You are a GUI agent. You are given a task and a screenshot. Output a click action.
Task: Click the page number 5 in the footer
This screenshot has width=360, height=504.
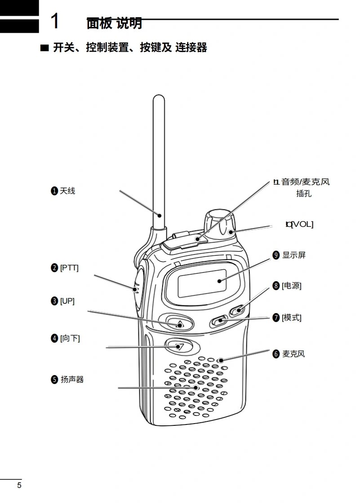pyautogui.click(x=19, y=486)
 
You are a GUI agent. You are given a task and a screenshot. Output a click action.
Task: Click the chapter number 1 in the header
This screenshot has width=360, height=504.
pyautogui.click(x=55, y=21)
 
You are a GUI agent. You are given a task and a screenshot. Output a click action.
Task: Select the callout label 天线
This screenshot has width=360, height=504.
pyautogui.click(x=67, y=191)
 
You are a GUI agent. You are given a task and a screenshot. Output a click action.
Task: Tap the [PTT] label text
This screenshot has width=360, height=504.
pyautogui.click(x=69, y=268)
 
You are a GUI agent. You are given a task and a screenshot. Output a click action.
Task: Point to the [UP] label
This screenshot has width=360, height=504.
pyautogui.click(x=67, y=301)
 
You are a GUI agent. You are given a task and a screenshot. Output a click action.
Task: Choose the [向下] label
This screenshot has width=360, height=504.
pyautogui.click(x=70, y=338)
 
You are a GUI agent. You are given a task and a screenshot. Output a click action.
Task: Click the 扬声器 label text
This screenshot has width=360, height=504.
pyautogui.click(x=72, y=380)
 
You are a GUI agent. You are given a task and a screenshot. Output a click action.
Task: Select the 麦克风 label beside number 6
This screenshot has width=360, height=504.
pyautogui.click(x=293, y=354)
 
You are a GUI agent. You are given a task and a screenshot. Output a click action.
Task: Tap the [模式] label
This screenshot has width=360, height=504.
pyautogui.click(x=292, y=318)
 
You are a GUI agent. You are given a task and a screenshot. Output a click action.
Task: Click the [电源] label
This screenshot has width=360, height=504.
pyautogui.click(x=292, y=286)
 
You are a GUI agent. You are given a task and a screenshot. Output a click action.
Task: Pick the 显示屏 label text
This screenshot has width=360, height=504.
pyautogui.click(x=294, y=255)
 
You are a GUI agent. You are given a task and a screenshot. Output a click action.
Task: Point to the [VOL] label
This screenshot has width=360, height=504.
pyautogui.click(x=302, y=224)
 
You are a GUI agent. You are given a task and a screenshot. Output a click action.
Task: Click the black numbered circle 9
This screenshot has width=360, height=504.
pyautogui.click(x=276, y=255)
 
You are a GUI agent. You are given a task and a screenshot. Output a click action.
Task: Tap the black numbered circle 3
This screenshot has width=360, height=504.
pyautogui.click(x=54, y=301)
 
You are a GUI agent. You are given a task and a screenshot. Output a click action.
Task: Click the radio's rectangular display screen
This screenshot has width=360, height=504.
pyautogui.click(x=202, y=283)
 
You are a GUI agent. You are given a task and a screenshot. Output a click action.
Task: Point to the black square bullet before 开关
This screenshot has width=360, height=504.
pyautogui.click(x=44, y=48)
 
